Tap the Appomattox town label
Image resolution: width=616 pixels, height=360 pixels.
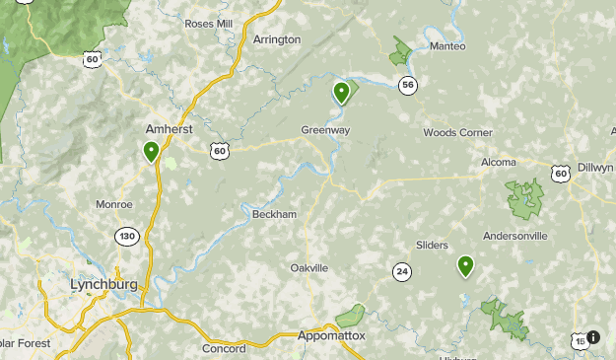331,336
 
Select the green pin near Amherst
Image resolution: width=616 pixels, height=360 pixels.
152,152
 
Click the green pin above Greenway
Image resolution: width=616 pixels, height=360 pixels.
341,93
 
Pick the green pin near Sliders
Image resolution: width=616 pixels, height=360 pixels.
465,265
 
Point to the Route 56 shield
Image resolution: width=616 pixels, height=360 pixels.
408,86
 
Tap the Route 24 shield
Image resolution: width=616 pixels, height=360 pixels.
401,271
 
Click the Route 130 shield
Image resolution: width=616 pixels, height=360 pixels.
126,237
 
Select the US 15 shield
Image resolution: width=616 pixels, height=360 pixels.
579,340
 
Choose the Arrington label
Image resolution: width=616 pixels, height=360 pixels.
276,39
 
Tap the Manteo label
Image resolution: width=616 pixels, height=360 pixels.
446,45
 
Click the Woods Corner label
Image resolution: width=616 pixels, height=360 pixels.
457,133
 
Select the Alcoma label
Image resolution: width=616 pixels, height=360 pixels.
499,162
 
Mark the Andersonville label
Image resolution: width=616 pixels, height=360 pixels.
514,236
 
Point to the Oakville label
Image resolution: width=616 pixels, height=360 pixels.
309,268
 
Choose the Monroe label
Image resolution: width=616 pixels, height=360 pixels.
114,204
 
